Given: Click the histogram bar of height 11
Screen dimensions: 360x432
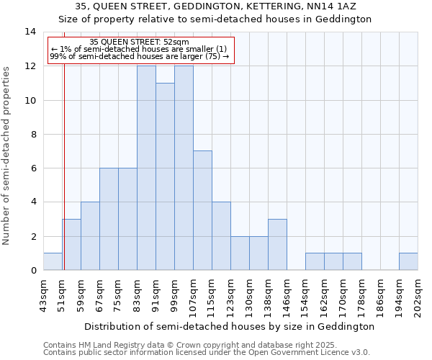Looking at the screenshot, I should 165,176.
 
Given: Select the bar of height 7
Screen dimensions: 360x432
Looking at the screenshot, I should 202,210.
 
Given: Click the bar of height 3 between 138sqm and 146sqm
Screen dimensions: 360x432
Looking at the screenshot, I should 277,245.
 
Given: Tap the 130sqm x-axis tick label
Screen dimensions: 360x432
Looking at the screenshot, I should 248,296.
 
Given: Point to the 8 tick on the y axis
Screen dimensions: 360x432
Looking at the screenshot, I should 33,134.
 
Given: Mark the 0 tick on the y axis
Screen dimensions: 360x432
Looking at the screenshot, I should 33,271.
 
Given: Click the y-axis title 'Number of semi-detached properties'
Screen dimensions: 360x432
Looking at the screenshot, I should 7,156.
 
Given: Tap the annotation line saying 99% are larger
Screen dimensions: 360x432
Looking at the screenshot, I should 140,56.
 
